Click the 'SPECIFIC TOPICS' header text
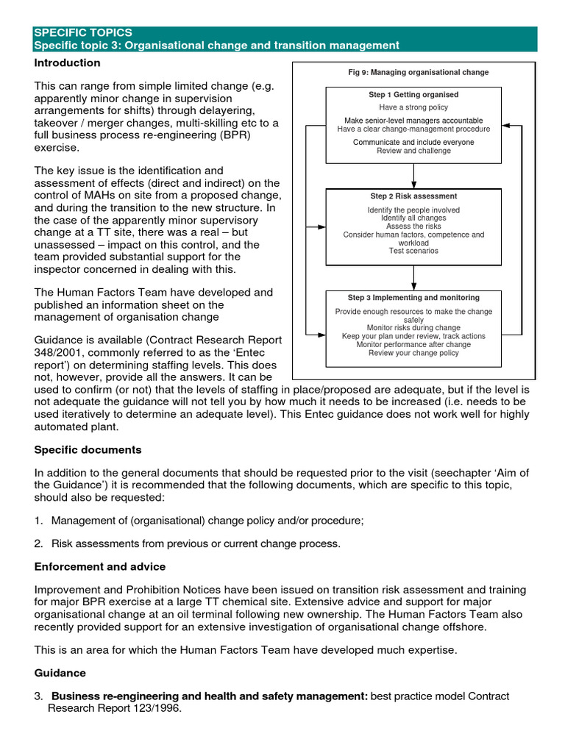(83, 33)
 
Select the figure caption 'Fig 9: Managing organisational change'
(418, 72)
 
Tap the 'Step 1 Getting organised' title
(413, 95)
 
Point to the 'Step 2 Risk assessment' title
(413, 196)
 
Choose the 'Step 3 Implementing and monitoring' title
(413, 298)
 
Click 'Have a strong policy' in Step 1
(413, 107)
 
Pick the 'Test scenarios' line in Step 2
(413, 251)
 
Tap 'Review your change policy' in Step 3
(413, 353)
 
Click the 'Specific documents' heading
(88, 449)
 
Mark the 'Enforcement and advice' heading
(99, 567)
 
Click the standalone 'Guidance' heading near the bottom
(60, 673)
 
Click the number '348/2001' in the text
(56, 352)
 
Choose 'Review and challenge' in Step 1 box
(413, 151)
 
